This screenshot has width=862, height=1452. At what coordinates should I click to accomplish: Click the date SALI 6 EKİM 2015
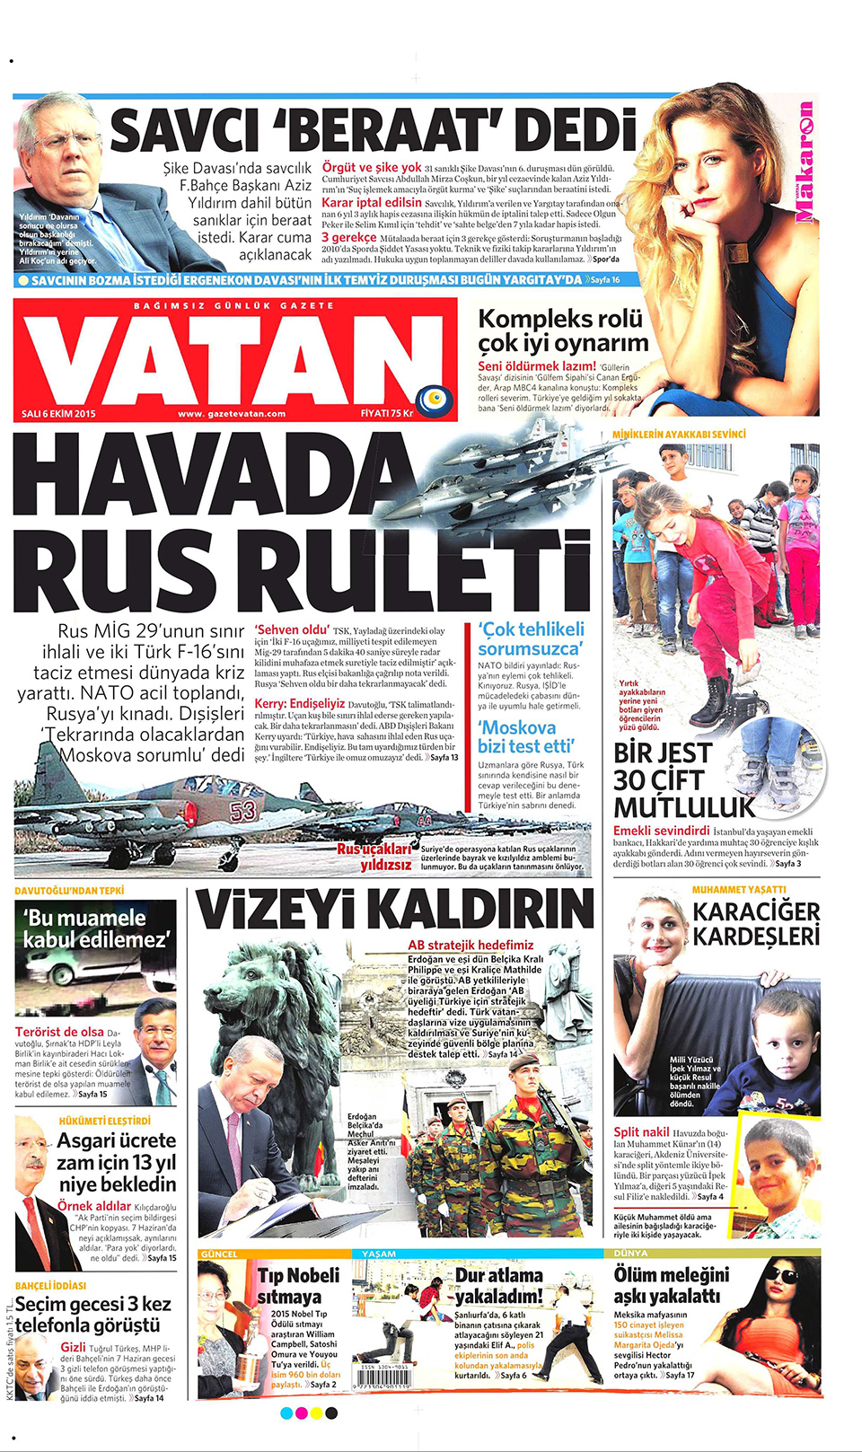pyautogui.click(x=58, y=414)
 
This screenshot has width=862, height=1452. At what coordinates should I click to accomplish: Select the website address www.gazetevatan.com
pyautogui.click(x=232, y=414)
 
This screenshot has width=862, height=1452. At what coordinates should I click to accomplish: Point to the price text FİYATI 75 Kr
pyautogui.click(x=386, y=414)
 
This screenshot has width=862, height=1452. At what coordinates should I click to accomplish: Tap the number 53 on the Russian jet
pyautogui.click(x=242, y=811)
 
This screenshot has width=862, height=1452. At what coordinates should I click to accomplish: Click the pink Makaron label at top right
pyautogui.click(x=805, y=163)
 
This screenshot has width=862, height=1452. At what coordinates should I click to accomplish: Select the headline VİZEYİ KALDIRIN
pyautogui.click(x=395, y=911)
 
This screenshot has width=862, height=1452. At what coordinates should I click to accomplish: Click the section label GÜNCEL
pyautogui.click(x=220, y=1254)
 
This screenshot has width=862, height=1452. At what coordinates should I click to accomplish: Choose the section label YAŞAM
pyautogui.click(x=378, y=1254)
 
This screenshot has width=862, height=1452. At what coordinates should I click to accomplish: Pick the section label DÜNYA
pyautogui.click(x=630, y=1254)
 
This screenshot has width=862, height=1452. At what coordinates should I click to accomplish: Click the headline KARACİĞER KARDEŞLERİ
pyautogui.click(x=756, y=924)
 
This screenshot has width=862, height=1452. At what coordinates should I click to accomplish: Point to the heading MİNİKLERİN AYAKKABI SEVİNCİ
pyautogui.click(x=679, y=435)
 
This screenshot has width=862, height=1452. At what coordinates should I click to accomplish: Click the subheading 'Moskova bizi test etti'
pyautogui.click(x=526, y=736)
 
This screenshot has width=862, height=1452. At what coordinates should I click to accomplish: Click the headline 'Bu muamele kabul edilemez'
pyautogui.click(x=96, y=928)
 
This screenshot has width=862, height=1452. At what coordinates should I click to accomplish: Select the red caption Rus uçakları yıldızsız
pyautogui.click(x=374, y=857)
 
